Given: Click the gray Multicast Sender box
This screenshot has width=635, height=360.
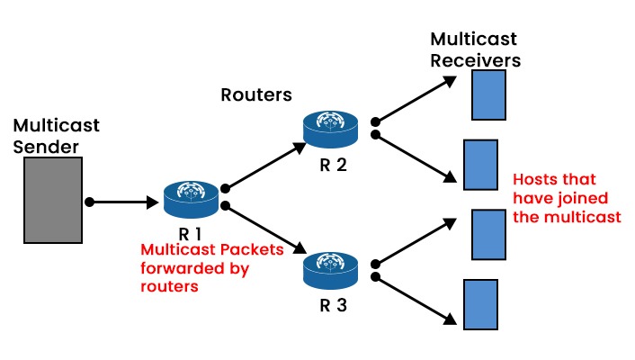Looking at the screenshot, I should (52, 201).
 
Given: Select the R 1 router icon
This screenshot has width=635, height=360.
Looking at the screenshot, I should (192, 198).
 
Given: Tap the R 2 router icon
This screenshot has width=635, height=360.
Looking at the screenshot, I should (331, 127).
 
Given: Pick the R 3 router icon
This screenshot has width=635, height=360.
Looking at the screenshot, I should (331, 268).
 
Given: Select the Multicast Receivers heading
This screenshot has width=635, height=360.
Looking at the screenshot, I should (476, 50).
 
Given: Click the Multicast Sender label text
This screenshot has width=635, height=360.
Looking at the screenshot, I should (56, 135).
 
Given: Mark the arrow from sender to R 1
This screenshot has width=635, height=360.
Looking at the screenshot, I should (122, 201).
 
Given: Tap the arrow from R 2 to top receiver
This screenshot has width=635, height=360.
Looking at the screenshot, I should (416, 100).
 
